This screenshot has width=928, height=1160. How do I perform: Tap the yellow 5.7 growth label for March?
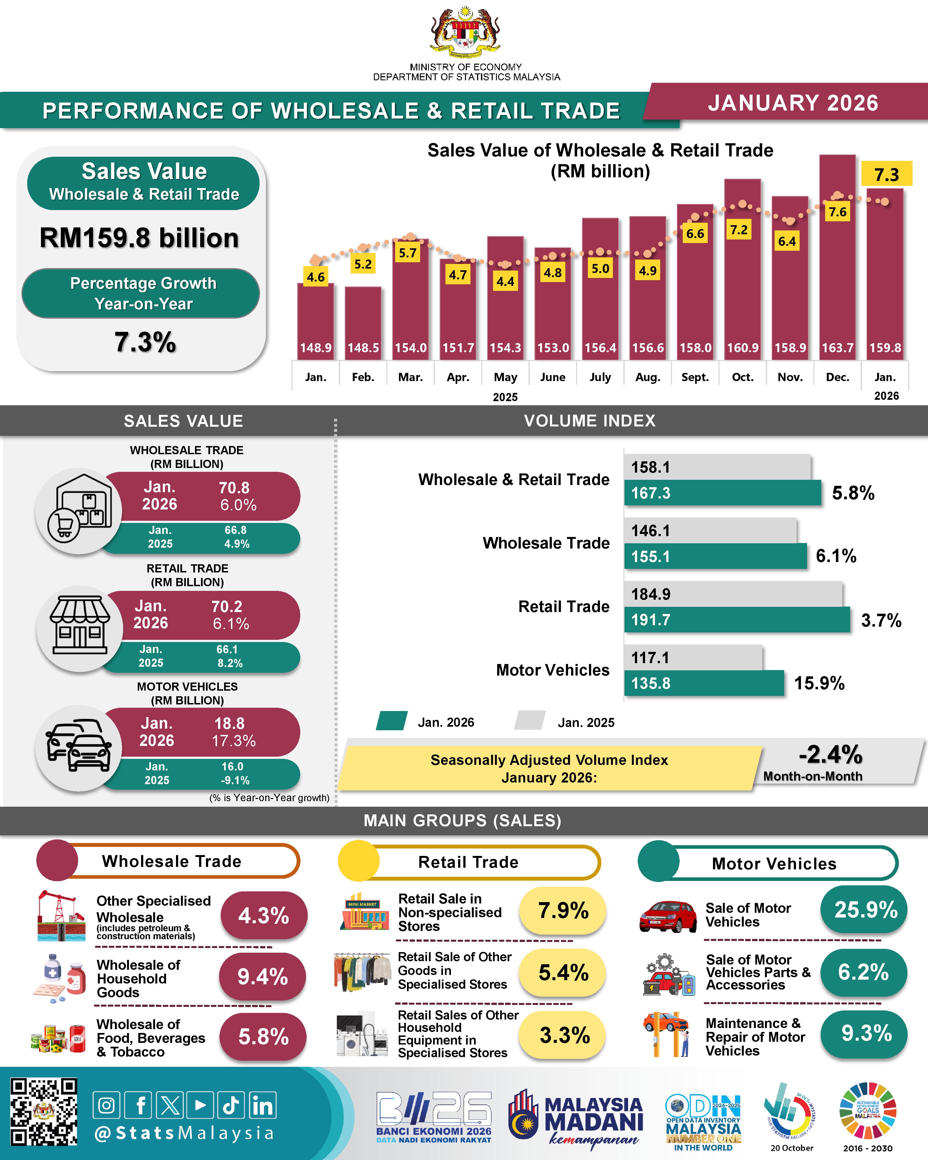(408, 253)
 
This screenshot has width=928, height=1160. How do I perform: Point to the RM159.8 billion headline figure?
(139, 238)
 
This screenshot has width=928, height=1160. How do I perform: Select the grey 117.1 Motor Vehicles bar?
(693, 657)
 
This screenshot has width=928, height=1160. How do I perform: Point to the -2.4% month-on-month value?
(830, 754)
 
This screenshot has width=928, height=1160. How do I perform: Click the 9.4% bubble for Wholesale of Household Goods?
(263, 977)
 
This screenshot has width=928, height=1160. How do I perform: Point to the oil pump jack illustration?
(61, 916)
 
